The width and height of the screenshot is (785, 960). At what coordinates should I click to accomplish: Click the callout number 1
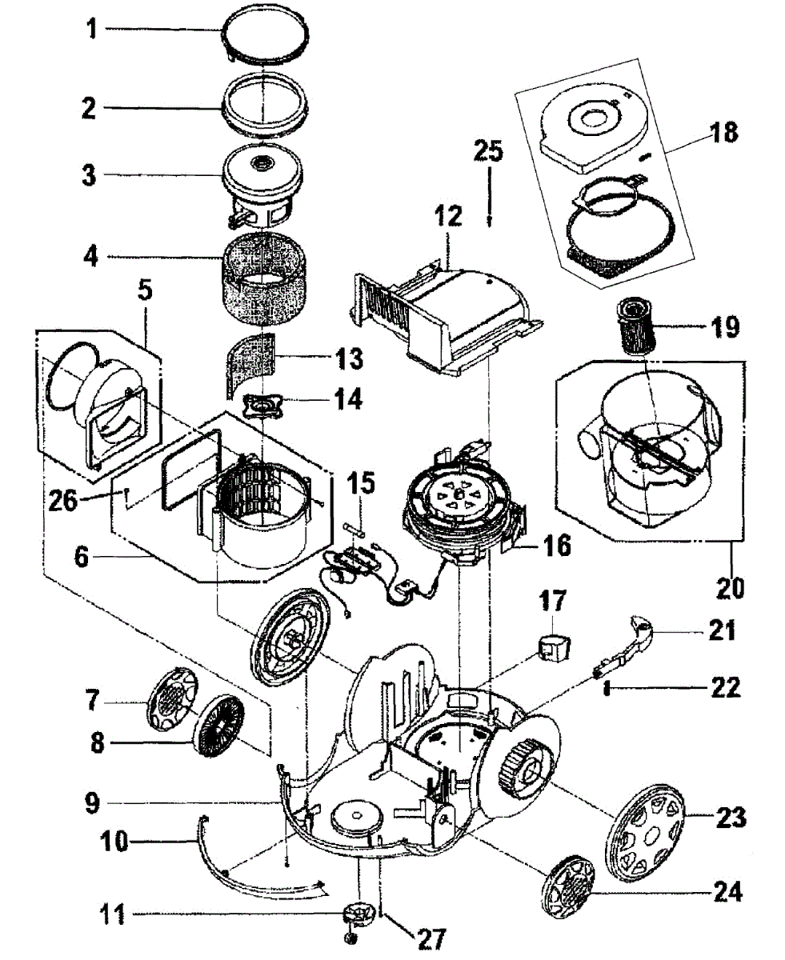[x=93, y=28]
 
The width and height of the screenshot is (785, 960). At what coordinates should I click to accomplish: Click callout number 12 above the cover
[x=448, y=216]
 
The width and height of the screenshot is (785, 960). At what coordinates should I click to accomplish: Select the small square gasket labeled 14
[x=263, y=405]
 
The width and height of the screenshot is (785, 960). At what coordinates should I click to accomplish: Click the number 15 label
[x=362, y=484]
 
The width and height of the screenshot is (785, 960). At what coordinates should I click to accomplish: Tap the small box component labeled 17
[x=555, y=648]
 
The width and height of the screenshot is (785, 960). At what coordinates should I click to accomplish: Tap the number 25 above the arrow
[x=489, y=151]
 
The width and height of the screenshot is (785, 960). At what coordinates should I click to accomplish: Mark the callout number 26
[x=63, y=501]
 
